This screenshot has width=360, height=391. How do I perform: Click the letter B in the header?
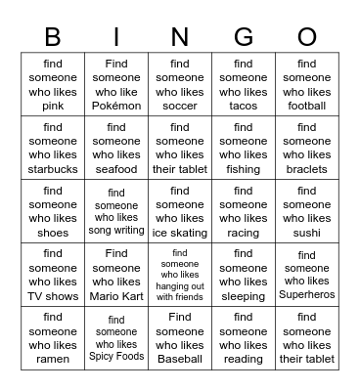pos(53,36)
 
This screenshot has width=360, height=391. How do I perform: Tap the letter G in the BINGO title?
pos(243,36)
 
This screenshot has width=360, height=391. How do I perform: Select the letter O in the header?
pos(307,36)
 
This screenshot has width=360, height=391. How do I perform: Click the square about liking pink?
pos(53,85)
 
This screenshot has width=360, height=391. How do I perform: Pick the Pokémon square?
pos(116,85)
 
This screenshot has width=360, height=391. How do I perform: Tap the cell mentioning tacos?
pos(244,85)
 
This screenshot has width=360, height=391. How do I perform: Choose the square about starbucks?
pos(53,149)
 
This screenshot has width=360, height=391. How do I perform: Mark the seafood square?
pos(116,149)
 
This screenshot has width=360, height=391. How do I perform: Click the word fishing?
pos(244,169)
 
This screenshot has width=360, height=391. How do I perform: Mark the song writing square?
pos(116,212)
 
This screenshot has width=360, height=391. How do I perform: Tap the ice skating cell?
pos(180,212)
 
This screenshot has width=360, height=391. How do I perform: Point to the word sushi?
pos(307,233)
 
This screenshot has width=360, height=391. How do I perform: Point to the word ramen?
pos(53,359)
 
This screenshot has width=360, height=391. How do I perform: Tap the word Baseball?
pos(180,359)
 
